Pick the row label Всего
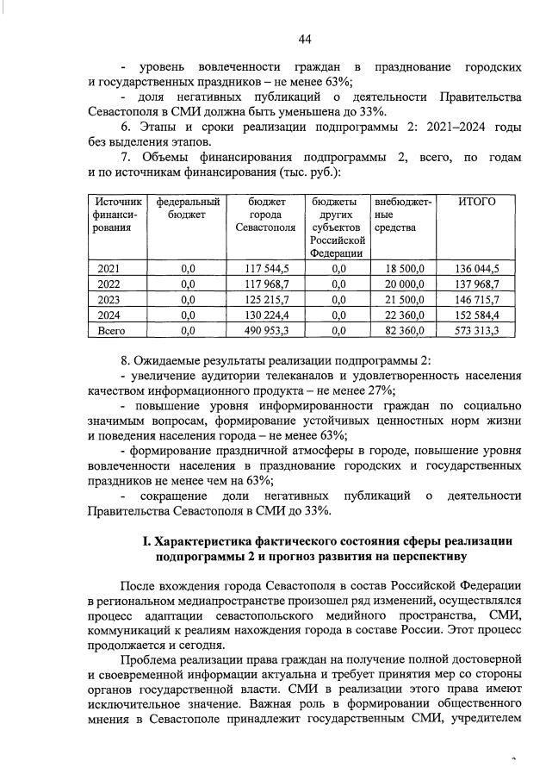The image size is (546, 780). coord(111,330)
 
